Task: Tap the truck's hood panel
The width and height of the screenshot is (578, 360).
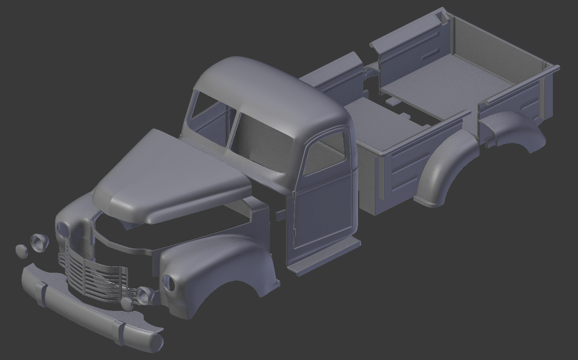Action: click(x=174, y=174)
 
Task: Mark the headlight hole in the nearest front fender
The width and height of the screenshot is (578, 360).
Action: click(x=168, y=283)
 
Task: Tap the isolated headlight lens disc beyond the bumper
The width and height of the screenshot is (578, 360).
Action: click(x=21, y=250)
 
